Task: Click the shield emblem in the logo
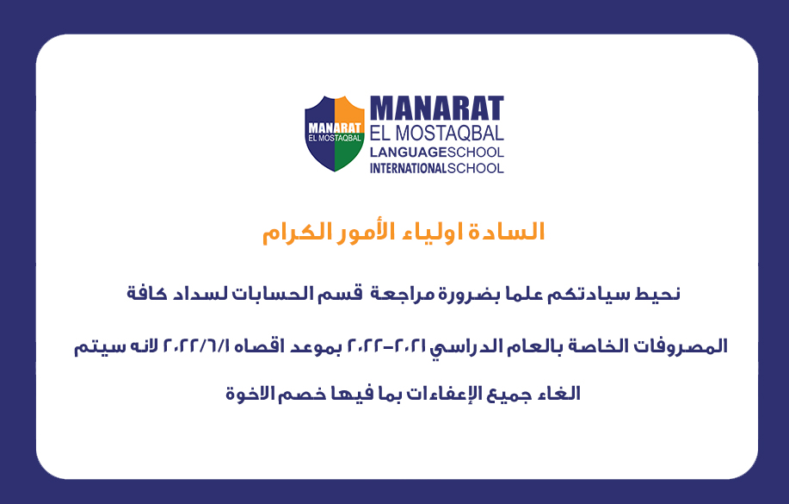335,134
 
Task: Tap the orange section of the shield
349,110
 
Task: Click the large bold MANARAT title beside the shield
437,109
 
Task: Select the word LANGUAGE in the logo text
408,152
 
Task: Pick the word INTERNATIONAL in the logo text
408,168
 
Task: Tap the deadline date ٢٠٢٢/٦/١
196,346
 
